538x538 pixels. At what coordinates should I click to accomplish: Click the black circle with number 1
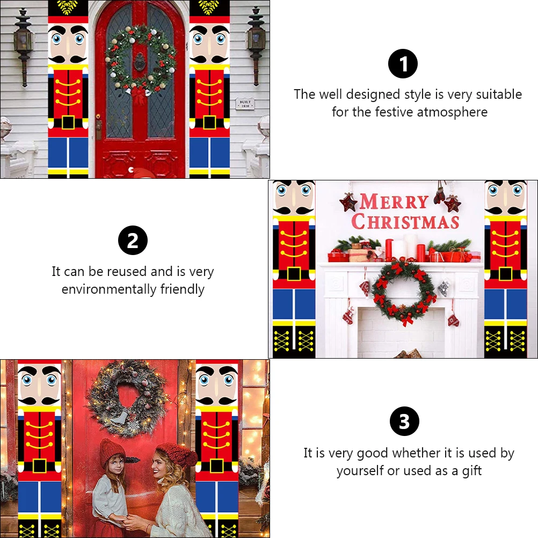403,64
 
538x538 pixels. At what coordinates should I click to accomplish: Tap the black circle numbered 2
133,240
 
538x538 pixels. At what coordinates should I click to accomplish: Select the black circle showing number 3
404,421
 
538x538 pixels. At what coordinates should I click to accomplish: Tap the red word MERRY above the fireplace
394,202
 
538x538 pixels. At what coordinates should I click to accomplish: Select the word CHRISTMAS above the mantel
405,222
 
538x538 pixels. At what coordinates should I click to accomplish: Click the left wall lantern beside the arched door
24,44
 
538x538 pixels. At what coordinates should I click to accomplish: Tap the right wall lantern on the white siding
257,44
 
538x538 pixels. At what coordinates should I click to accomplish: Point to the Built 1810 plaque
245,104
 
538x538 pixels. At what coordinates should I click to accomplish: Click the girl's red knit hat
112,452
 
